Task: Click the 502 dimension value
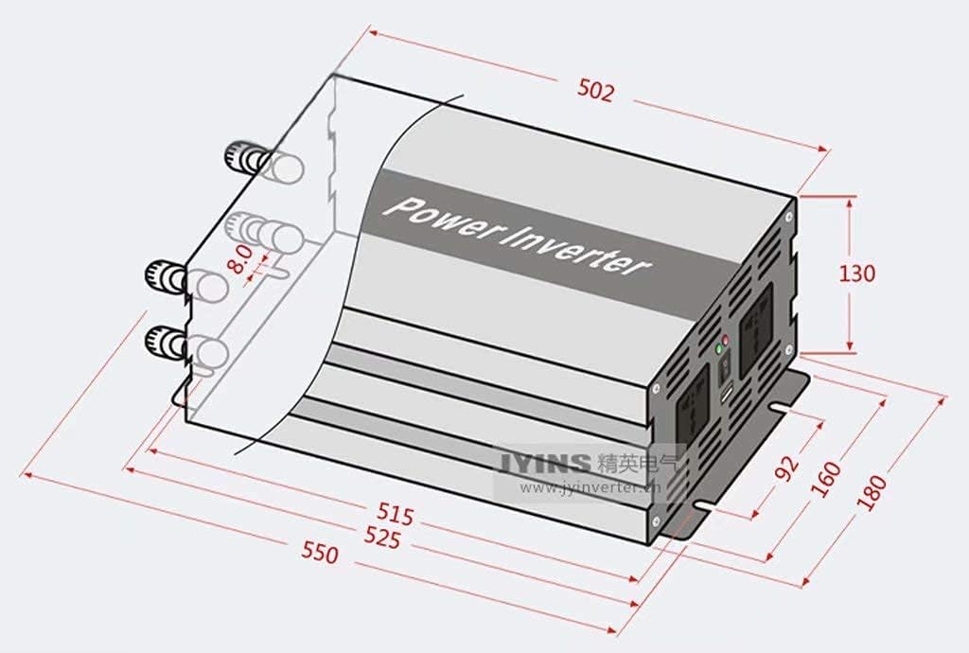pyautogui.click(x=596, y=91)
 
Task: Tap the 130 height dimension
pyautogui.click(x=857, y=274)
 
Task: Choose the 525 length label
pyautogui.click(x=382, y=537)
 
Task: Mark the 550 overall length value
pyautogui.click(x=320, y=553)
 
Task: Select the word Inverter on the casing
pyautogui.click(x=577, y=250)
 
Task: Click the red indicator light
pyautogui.click(x=725, y=339)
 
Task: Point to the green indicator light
pyautogui.click(x=719, y=350)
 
